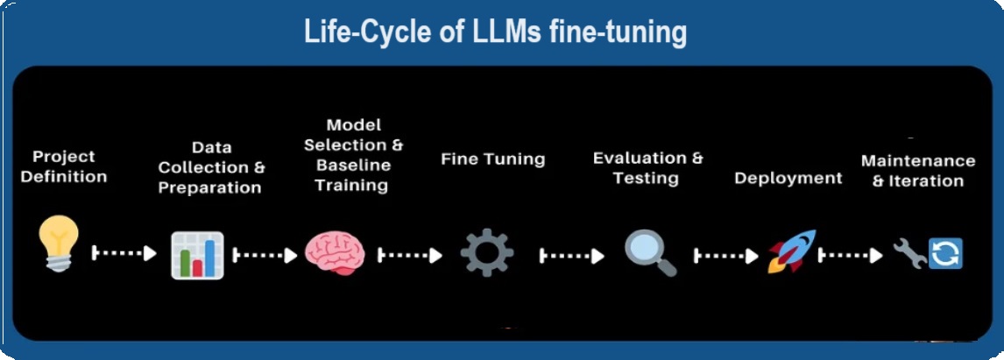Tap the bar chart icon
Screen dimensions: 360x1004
pos(197,254)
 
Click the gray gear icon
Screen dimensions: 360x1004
pos(486,252)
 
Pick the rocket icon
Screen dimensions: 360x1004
pos(791,251)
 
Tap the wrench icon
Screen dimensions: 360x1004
pos(909,253)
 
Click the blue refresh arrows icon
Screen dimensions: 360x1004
pos(945,254)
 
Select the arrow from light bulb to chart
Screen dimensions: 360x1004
pos(124,253)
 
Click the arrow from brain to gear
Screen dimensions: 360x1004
pos(409,255)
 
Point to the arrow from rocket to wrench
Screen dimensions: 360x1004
pos(850,256)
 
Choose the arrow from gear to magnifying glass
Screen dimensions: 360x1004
pos(571,256)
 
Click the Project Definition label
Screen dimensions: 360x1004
pos(64,166)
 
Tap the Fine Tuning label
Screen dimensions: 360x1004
pos(492,159)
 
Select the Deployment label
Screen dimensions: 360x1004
pos(788,178)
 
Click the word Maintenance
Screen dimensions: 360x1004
pos(917,161)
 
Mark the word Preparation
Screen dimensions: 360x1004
pos(210,187)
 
